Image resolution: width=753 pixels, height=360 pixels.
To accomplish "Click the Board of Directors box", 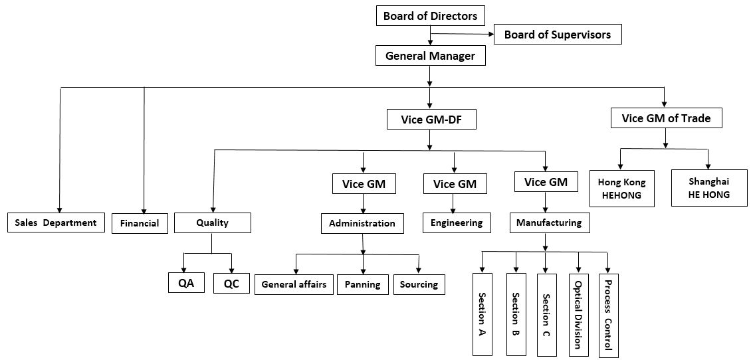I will pos(430,17).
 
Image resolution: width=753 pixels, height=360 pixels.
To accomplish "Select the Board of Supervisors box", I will pos(557,35).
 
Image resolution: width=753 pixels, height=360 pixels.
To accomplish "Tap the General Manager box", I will pos(430,56).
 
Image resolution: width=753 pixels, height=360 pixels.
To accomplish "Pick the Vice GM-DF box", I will pos(429,120).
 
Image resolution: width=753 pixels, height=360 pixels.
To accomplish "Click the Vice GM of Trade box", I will pos(665,119).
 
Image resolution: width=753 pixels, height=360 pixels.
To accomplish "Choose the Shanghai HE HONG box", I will pos(708,188).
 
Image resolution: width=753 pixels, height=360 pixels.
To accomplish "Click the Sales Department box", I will pos(56,223).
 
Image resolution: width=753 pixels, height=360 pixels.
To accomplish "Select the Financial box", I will pos(140,223).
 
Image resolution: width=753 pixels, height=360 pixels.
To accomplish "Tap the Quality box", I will pos(213,223).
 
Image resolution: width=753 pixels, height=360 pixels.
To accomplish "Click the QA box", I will pos(187,284).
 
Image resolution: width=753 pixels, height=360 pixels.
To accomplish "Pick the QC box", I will pos(231,284).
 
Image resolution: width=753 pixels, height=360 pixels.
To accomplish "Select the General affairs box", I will pos(294,284).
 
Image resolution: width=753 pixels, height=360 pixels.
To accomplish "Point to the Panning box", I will pos(362,284).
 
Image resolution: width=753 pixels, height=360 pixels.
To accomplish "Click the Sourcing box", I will pos(419,284).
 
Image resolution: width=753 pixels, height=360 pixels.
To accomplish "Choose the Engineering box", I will pos(457,223).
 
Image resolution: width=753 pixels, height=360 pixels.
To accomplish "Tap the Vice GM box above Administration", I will pos(364,183).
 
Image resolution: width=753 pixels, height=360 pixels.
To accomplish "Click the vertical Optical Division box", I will pos(578,313).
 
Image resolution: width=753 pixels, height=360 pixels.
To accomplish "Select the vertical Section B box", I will pos(515,313).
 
